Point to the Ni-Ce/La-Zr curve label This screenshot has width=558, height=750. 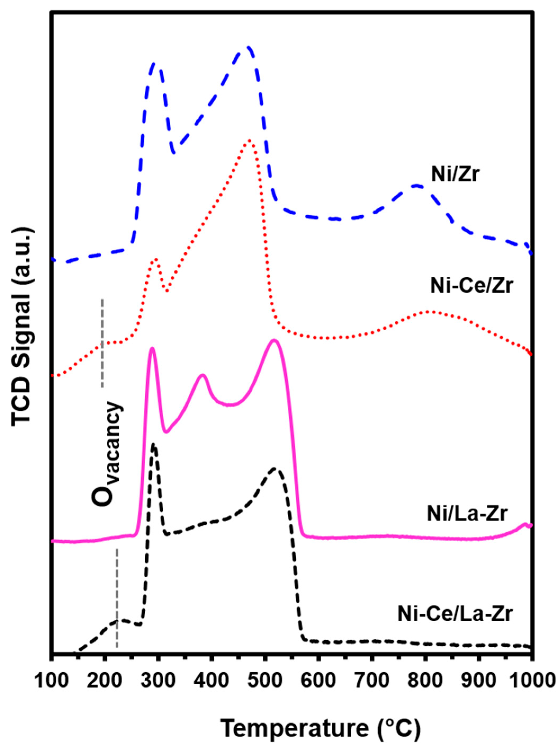click(x=455, y=614)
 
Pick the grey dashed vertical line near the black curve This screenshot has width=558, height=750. click(x=117, y=598)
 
